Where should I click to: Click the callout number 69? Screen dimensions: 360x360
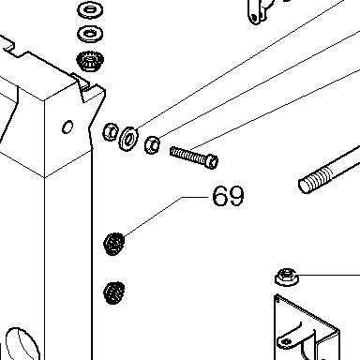[x=228, y=196]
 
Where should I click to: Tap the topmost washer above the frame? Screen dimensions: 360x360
[x=90, y=9]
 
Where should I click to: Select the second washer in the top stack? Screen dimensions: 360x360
[x=90, y=34]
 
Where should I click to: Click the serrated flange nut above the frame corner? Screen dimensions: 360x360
[x=90, y=61]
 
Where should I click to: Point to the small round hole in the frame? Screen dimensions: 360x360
[x=67, y=127]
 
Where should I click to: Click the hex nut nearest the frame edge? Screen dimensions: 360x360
[x=111, y=132]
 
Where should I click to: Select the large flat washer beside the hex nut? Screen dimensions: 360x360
[x=128, y=139]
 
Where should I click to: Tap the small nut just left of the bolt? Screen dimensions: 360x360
[x=152, y=144]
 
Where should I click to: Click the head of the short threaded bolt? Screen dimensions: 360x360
[x=212, y=161]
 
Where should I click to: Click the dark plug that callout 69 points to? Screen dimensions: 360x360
[x=113, y=244]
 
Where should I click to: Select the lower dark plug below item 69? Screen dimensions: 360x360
[x=113, y=292]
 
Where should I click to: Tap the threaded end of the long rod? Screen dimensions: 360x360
[x=315, y=182]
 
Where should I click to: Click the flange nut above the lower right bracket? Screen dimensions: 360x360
[x=287, y=277]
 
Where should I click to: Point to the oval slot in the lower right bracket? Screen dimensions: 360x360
[x=286, y=341]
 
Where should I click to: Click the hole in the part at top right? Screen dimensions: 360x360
[x=254, y=17]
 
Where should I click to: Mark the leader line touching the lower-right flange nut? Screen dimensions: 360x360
[x=329, y=275]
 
